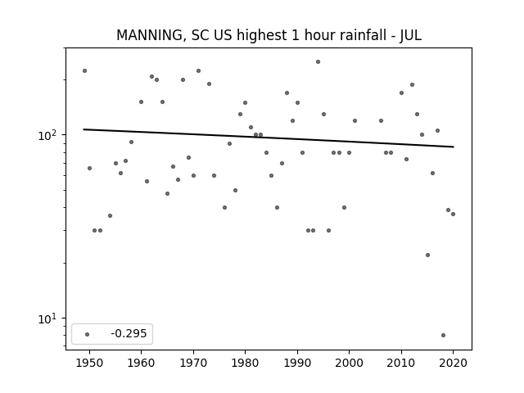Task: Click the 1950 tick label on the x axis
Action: (89, 363)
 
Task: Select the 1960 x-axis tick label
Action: (141, 363)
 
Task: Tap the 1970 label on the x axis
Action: (193, 363)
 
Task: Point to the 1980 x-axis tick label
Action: (245, 363)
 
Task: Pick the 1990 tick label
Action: (297, 363)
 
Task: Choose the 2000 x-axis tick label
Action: (349, 363)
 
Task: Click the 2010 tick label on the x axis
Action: (401, 363)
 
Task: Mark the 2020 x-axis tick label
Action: (453, 363)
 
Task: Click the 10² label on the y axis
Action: (47, 134)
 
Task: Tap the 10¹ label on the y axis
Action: (47, 318)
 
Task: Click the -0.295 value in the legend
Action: (129, 333)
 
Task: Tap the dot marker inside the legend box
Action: (88, 334)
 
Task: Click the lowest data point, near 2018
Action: (443, 335)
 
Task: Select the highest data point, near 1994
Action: (318, 62)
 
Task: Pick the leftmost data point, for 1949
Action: (84, 71)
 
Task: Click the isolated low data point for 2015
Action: (427, 255)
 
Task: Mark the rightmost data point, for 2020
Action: (453, 214)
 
